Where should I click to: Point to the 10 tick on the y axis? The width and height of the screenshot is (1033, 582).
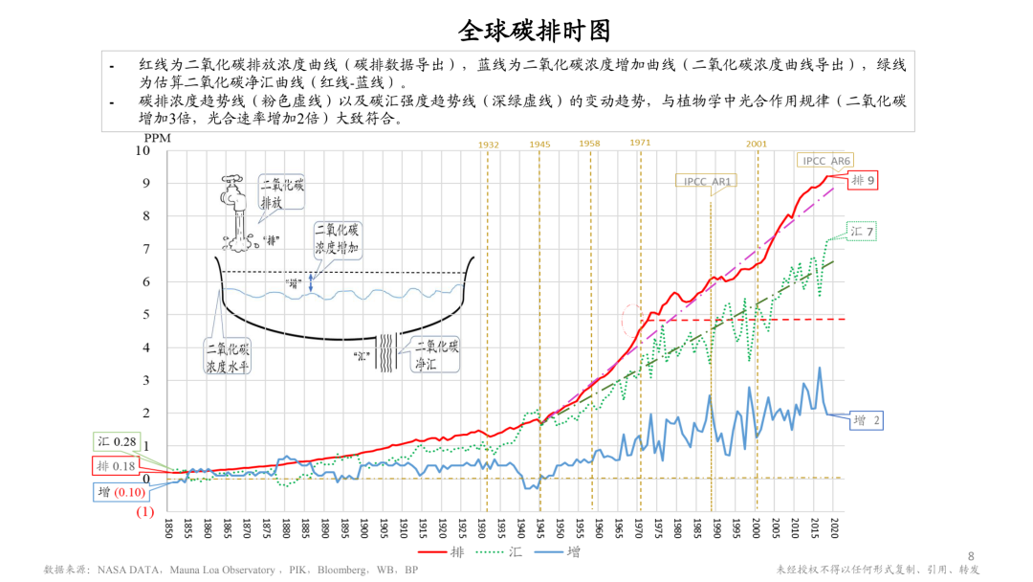(x=143, y=150)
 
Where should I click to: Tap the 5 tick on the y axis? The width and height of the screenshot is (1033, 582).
(x=145, y=315)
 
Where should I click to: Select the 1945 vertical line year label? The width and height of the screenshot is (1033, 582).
(x=539, y=145)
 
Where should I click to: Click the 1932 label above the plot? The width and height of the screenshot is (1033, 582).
(x=488, y=145)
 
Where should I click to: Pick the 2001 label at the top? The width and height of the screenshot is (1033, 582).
(x=757, y=145)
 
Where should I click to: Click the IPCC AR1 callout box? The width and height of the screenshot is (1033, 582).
(x=709, y=181)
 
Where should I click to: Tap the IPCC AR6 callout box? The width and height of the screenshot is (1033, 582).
(x=826, y=161)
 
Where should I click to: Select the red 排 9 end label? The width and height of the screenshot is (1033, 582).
(x=864, y=180)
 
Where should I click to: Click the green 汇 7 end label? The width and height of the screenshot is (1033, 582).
(x=863, y=232)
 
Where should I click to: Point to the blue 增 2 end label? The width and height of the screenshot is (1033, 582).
(x=867, y=420)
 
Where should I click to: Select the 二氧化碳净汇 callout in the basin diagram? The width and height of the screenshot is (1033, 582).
(x=436, y=356)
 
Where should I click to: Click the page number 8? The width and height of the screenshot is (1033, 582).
(x=971, y=556)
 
